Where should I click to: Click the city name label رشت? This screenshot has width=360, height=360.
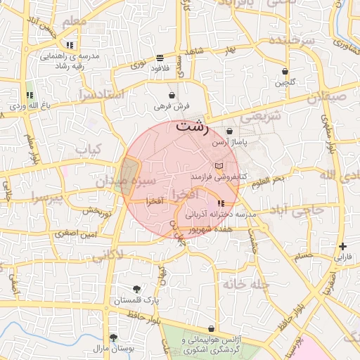point(192,127)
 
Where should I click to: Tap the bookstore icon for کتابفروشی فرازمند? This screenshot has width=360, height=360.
point(219,164)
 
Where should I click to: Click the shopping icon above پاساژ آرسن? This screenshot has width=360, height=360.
point(230,131)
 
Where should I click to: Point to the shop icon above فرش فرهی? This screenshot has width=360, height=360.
point(172,95)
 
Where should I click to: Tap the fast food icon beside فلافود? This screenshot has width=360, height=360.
point(160,57)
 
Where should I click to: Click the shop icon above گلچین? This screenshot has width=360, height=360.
point(285,71)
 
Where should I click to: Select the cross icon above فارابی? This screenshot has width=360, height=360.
point(342,246)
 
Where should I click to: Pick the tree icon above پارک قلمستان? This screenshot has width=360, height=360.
point(136,289)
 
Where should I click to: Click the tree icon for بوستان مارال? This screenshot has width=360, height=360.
point(113,338)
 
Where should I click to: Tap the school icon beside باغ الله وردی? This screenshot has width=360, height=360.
point(29,95)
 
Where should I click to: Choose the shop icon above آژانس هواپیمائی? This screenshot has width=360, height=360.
point(212,328)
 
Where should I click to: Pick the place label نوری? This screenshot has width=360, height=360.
point(138,65)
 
